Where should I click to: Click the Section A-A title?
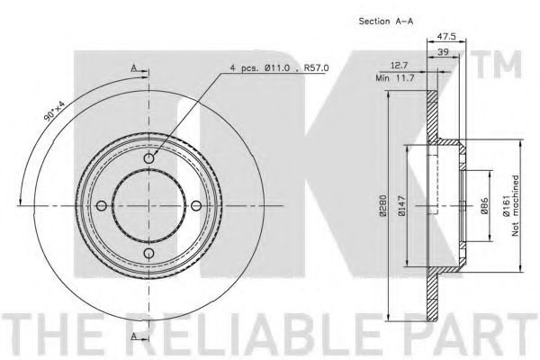click(x=386, y=21)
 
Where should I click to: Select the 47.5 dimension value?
click(x=446, y=37)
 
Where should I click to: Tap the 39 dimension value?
click(x=443, y=52)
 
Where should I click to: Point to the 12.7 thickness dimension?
click(x=399, y=65)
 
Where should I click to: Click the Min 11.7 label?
click(x=395, y=78)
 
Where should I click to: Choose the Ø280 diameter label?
click(x=383, y=206)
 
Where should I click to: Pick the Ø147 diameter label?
click(x=401, y=206)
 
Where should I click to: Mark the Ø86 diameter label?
click(x=484, y=206)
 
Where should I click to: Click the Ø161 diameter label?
click(x=506, y=206)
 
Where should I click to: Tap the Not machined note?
click(x=515, y=206)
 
